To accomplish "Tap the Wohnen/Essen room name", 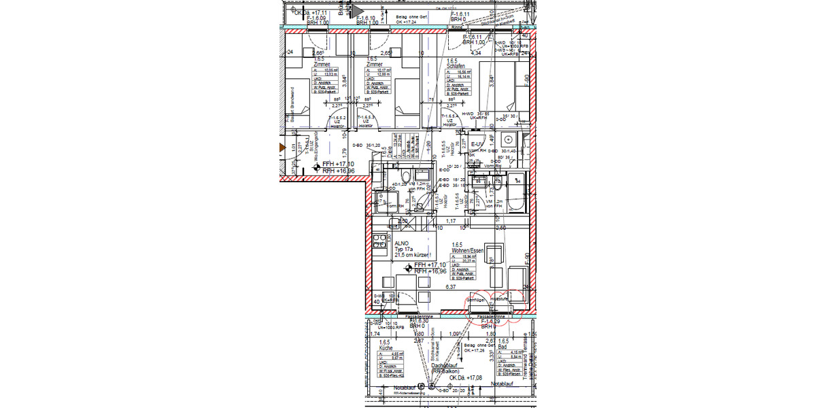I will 469,251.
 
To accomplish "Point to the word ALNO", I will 401,243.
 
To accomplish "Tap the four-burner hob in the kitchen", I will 378,241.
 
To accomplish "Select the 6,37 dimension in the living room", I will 449,288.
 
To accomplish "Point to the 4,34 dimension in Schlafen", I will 476,52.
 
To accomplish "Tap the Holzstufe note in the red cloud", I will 500,299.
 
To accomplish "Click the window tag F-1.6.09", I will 318,18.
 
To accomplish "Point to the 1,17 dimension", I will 449,220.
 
